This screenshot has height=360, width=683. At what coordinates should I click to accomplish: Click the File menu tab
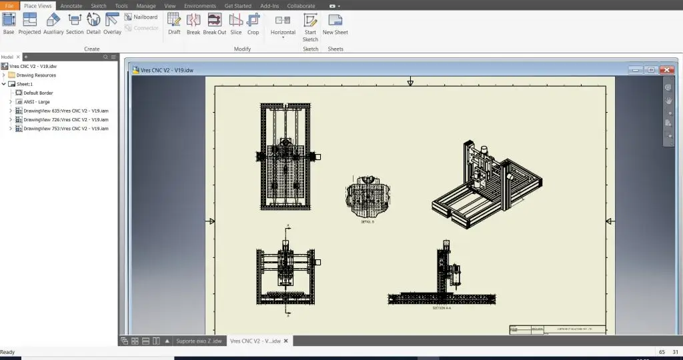(x=9, y=5)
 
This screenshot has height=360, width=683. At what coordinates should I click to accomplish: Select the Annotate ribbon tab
(x=71, y=5)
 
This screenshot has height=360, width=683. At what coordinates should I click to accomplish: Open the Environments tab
(x=200, y=5)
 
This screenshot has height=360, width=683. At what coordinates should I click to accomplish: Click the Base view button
(x=9, y=23)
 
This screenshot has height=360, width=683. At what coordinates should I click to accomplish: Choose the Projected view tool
(x=29, y=23)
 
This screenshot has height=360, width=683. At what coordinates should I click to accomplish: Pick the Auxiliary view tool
(x=53, y=23)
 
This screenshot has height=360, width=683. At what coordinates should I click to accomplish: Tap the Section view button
(x=75, y=23)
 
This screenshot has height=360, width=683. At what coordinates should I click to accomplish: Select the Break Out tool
(x=215, y=23)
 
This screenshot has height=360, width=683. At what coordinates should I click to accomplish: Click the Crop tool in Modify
(x=253, y=23)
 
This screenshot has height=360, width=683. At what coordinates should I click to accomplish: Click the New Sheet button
(x=335, y=23)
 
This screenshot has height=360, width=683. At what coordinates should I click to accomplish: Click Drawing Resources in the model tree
(x=36, y=75)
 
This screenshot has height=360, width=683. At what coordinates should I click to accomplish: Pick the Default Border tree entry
(x=38, y=93)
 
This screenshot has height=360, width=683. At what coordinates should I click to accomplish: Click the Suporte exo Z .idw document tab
(x=198, y=341)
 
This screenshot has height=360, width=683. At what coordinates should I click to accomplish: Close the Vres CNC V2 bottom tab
(x=286, y=341)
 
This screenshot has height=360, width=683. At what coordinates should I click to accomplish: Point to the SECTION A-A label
(x=442, y=308)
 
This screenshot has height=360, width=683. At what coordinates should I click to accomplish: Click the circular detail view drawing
(x=367, y=196)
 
